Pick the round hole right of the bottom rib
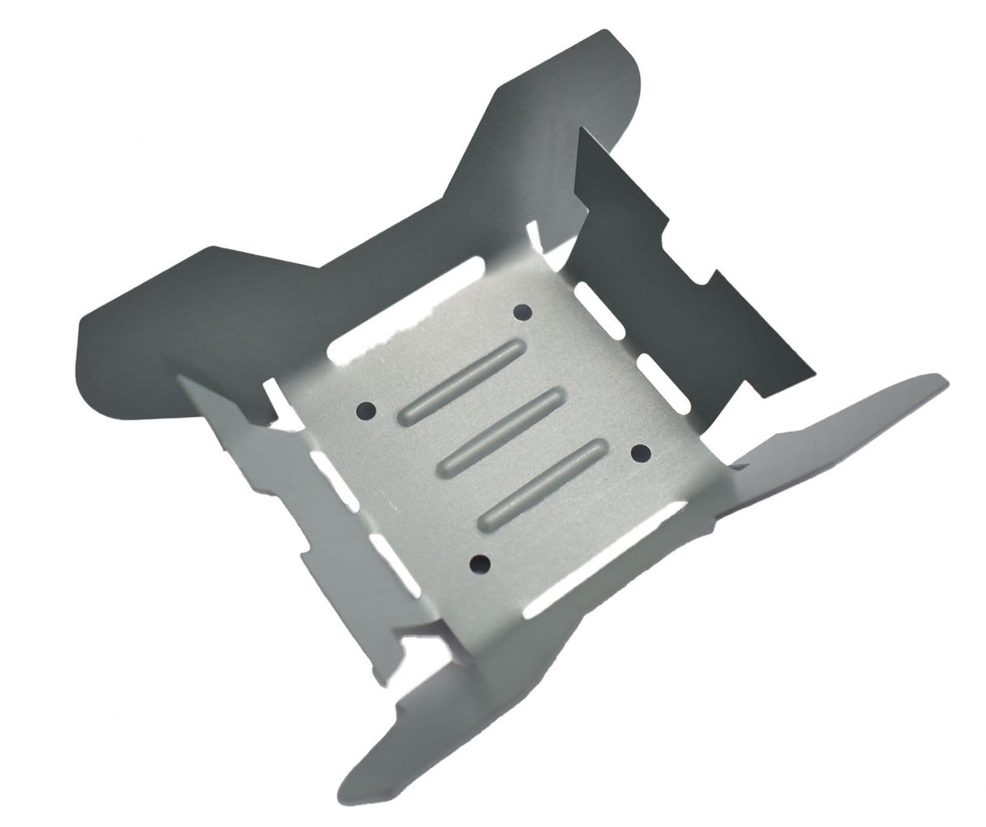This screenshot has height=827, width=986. pyautogui.click(x=639, y=452)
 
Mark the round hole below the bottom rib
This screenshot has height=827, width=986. pyautogui.click(x=481, y=561)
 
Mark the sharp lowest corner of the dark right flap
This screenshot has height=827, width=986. pyautogui.click(x=811, y=376)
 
